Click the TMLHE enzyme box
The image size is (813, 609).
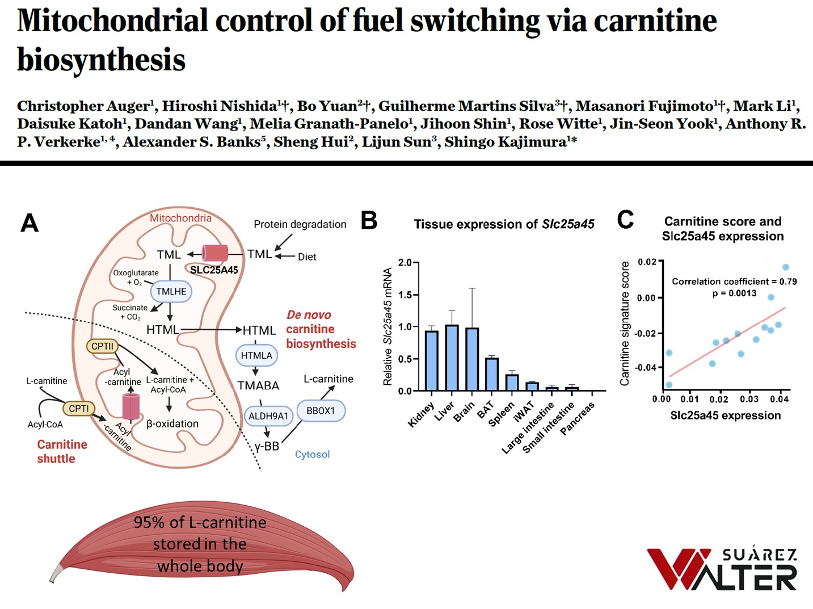(x=171, y=292)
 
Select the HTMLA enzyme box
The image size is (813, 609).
(x=256, y=356)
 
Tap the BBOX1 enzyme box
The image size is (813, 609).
(x=321, y=410)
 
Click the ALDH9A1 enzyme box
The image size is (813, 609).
(x=268, y=416)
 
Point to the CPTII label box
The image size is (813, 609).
(x=102, y=346)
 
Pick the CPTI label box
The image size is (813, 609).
(x=79, y=409)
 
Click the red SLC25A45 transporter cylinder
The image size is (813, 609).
(x=215, y=254)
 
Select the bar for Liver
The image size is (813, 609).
(x=452, y=358)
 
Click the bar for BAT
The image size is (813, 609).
(x=492, y=375)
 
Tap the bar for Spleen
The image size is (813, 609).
(x=512, y=383)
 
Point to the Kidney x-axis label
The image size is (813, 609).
(x=421, y=414)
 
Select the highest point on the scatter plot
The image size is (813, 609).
(x=786, y=267)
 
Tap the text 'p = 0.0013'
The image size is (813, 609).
(x=734, y=293)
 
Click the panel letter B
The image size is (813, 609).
(x=369, y=220)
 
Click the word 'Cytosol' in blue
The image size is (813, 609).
(x=312, y=454)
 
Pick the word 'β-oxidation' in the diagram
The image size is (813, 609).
(x=172, y=423)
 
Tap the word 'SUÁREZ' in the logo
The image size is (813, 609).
(x=759, y=555)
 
